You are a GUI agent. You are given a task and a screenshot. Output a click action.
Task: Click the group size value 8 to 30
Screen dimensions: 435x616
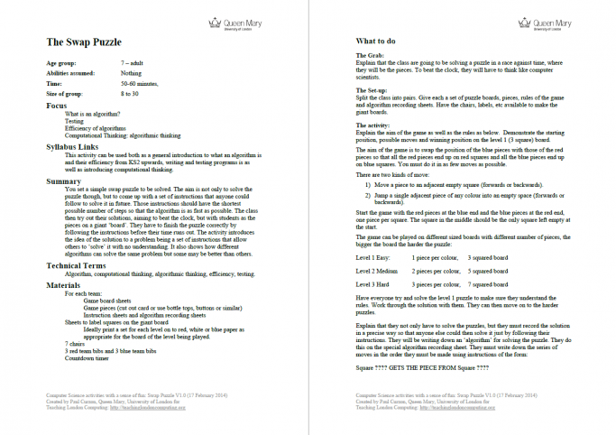tap(130, 93)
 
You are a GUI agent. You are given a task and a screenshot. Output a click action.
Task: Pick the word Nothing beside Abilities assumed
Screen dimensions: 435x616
tap(131, 74)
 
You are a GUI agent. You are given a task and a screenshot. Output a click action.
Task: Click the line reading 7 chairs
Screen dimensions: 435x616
tap(74, 344)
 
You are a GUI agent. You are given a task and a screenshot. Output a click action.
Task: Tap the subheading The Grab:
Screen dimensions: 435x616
tap(372, 56)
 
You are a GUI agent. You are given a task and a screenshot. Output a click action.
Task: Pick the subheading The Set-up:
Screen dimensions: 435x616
tap(374, 88)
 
